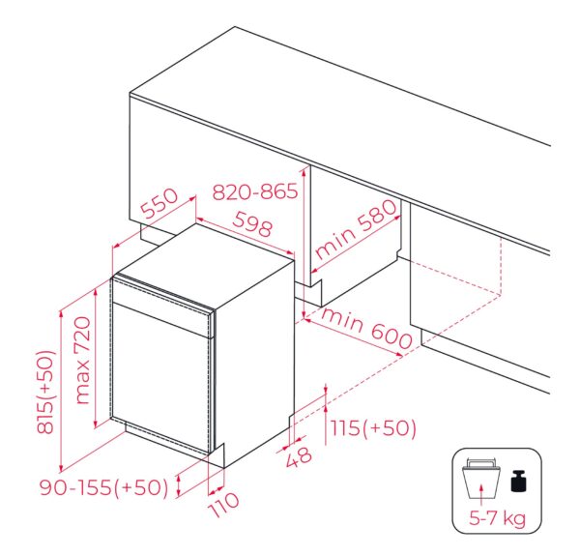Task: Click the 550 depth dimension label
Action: [x=159, y=203]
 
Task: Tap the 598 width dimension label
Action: [x=252, y=224]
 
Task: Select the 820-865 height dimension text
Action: [x=255, y=191]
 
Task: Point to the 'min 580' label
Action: [x=356, y=229]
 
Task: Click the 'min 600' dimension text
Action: [x=366, y=328]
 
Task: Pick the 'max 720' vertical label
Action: [x=82, y=361]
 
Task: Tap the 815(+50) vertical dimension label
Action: [x=45, y=392]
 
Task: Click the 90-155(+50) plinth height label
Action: [x=104, y=487]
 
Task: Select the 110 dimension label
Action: [x=224, y=504]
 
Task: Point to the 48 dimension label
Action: [x=299, y=456]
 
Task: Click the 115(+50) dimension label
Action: [x=373, y=427]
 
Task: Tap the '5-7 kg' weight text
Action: [x=497, y=518]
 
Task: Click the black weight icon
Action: [x=518, y=481]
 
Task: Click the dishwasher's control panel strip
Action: [x=161, y=307]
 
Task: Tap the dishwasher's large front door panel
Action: [x=161, y=377]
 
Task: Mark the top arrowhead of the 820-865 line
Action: [x=304, y=170]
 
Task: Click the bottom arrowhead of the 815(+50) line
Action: [x=62, y=468]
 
